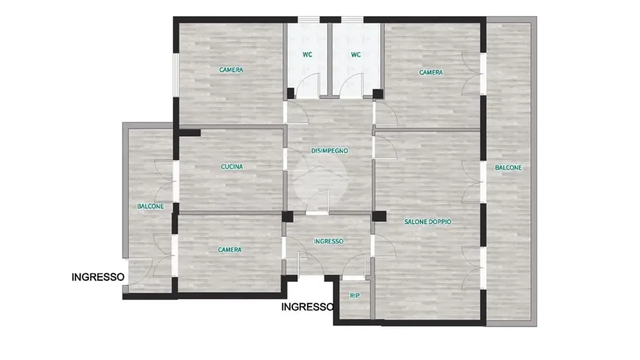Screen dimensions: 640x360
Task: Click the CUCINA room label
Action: (x=232, y=166)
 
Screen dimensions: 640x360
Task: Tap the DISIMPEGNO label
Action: (x=330, y=151)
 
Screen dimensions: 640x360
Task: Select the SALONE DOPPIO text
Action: (x=427, y=222)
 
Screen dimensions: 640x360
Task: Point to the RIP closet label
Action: (x=355, y=296)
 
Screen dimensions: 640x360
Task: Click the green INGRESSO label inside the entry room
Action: (x=329, y=241)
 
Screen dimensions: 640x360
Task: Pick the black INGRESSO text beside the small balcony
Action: (x=98, y=277)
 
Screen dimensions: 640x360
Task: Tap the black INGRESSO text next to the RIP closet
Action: (x=307, y=307)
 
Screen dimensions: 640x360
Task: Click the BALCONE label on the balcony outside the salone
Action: (x=508, y=167)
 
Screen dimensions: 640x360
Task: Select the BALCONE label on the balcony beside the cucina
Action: (x=151, y=206)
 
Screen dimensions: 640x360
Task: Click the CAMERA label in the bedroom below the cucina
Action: (x=230, y=250)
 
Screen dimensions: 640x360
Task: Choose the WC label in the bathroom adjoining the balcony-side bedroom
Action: (x=356, y=54)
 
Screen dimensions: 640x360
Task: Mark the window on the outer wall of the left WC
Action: (x=309, y=19)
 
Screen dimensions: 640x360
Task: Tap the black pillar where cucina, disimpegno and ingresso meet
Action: (x=287, y=217)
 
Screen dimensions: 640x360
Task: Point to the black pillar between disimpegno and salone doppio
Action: (x=379, y=216)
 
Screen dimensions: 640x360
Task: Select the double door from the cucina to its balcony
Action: (x=164, y=182)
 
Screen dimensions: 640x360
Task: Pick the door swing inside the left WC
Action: (x=307, y=86)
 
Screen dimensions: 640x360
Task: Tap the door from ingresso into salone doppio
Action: (x=384, y=245)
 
